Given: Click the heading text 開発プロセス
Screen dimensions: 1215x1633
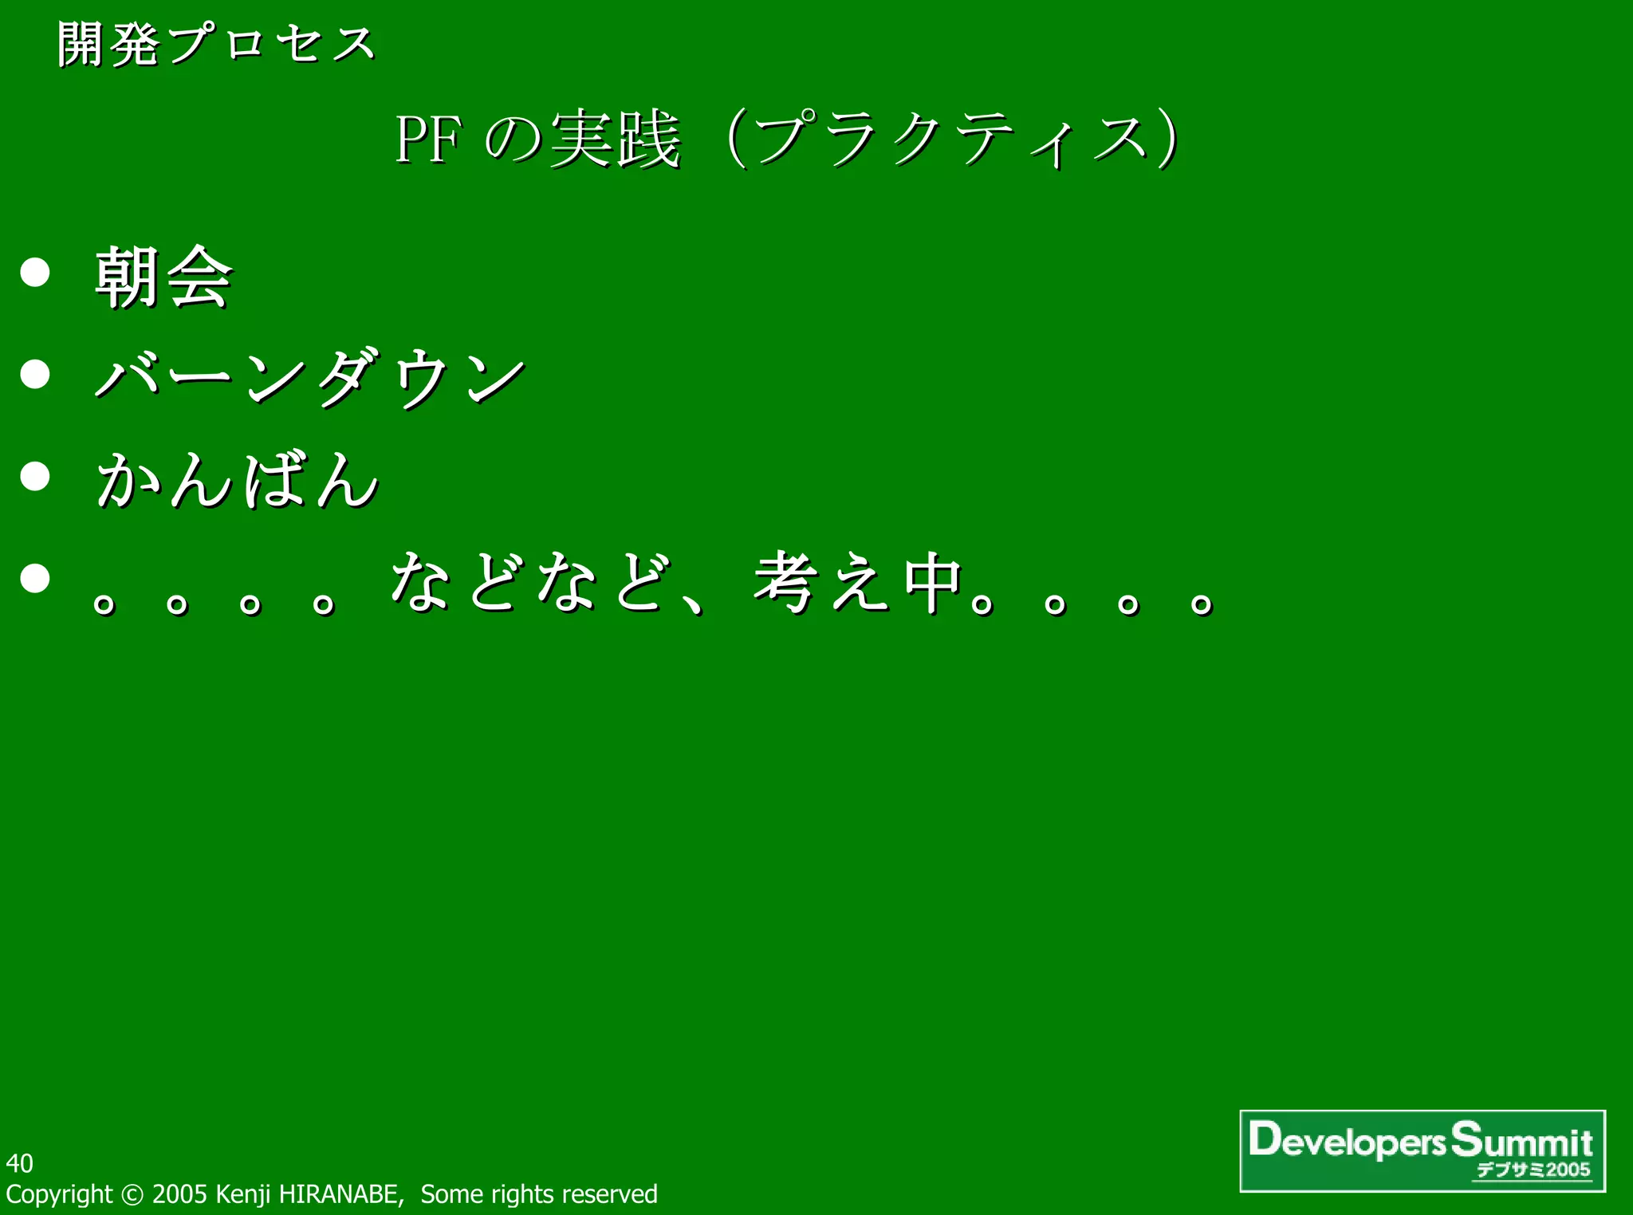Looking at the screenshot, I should point(216,44).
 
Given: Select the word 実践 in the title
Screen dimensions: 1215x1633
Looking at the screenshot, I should point(615,140).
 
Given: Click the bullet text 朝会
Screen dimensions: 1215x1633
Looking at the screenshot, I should point(163,277).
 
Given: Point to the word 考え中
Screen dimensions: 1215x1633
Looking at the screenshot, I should point(858,582).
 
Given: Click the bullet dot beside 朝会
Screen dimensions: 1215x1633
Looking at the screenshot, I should point(35,272).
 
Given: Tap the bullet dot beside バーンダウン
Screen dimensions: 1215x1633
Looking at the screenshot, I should point(35,373).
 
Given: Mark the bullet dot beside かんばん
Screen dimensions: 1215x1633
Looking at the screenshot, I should point(35,476).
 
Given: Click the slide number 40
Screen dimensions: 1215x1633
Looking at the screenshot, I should point(19,1163).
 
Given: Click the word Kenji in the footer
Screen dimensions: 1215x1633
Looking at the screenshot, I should point(243,1194).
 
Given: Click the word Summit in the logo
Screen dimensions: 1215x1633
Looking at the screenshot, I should point(1521,1140).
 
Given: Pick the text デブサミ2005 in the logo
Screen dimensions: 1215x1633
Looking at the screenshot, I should point(1533,1170).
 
